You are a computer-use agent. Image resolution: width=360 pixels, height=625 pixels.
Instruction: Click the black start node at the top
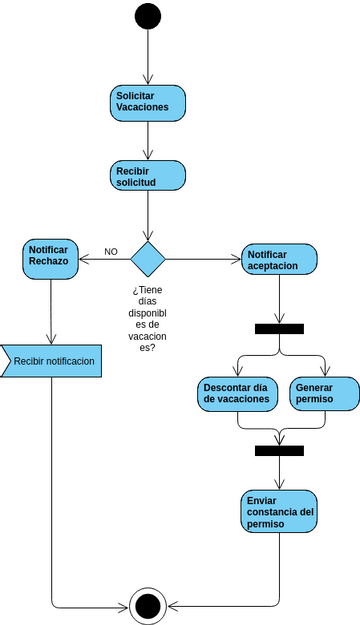click(x=148, y=16)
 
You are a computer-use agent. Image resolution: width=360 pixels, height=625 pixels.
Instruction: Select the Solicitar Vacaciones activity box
click(x=148, y=102)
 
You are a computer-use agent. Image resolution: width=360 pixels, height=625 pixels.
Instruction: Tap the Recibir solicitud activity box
click(x=148, y=177)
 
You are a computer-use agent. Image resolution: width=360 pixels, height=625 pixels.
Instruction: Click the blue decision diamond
click(x=148, y=259)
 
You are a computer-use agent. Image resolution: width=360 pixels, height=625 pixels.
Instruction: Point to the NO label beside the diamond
click(x=111, y=251)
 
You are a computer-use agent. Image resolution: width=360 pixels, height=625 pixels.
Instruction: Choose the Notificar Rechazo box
click(x=49, y=256)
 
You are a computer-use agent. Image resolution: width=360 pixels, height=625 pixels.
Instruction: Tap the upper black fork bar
click(x=279, y=329)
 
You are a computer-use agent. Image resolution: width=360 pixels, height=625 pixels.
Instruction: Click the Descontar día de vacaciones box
click(x=238, y=393)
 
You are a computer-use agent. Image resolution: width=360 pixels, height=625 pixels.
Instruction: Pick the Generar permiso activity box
click(x=323, y=393)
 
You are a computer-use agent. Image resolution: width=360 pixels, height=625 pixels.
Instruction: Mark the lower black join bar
click(x=279, y=450)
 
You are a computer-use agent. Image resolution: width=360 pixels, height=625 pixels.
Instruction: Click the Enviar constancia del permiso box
click(x=279, y=512)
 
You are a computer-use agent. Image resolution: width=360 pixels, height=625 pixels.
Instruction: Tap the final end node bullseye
click(x=148, y=605)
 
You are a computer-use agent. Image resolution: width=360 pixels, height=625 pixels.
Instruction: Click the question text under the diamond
click(x=148, y=318)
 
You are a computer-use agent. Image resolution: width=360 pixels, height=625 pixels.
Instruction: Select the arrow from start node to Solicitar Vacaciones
click(x=148, y=58)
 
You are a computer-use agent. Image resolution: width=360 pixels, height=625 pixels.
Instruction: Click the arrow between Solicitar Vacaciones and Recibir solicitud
click(x=148, y=140)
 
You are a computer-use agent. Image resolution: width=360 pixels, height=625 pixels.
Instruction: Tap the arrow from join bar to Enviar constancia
click(x=279, y=472)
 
